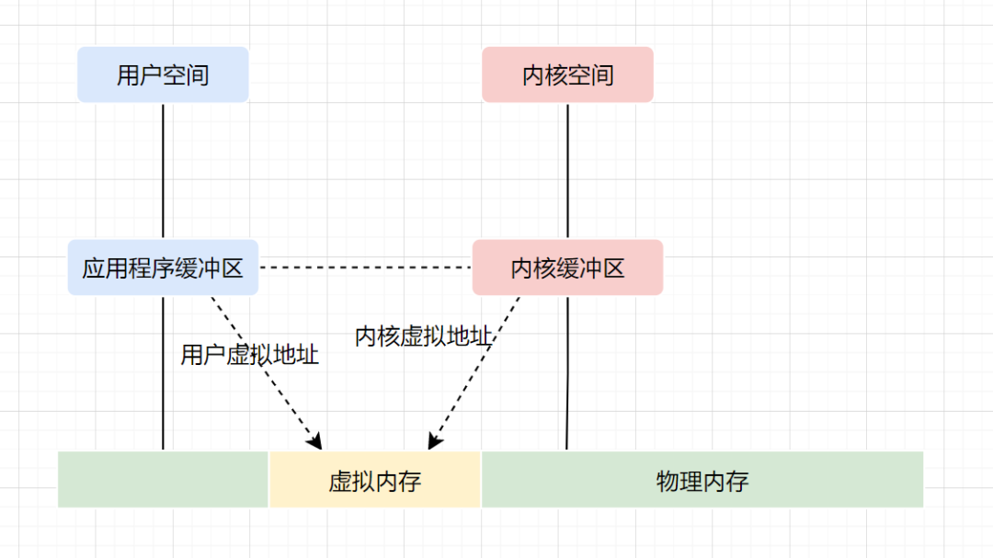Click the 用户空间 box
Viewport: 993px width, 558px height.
[163, 74]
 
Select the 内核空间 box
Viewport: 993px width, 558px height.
[567, 74]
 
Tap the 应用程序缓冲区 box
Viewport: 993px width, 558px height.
[163, 268]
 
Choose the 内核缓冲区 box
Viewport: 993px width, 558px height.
[567, 268]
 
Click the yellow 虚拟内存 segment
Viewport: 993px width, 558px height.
[375, 480]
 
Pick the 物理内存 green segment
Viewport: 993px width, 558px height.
[702, 480]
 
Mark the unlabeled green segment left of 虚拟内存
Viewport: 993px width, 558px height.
[163, 480]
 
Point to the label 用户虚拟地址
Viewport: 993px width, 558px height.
[249, 355]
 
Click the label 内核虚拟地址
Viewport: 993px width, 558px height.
[424, 336]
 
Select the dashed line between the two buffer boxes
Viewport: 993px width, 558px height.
[365, 268]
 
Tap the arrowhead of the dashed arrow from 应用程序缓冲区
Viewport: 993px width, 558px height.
[317, 443]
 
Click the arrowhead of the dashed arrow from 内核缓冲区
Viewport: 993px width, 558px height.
[434, 443]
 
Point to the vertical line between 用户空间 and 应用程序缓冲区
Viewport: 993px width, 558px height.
[163, 170]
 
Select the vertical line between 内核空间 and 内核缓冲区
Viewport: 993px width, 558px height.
[567, 170]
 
